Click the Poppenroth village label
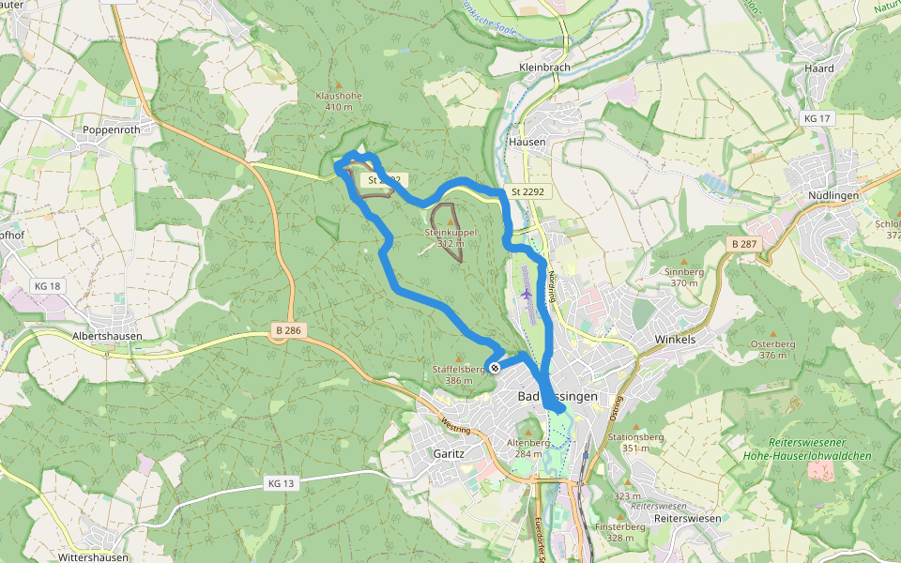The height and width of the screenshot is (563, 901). [111, 130]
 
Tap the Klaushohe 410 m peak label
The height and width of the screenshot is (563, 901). [339, 100]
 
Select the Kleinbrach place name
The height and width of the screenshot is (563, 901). [545, 68]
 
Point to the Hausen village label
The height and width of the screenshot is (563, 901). [527, 142]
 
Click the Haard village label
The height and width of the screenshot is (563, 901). [818, 68]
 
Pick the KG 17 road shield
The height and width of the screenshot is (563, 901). [817, 119]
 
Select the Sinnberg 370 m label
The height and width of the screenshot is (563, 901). [683, 276]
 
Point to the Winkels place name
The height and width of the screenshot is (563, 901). [675, 340]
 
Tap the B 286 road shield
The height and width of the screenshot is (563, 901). [288, 330]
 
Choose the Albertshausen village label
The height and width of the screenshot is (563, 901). [107, 336]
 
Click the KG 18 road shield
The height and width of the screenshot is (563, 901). [46, 286]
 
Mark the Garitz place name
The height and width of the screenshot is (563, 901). [449, 452]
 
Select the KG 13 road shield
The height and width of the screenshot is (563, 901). [281, 484]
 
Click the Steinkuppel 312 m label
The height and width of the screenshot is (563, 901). [451, 237]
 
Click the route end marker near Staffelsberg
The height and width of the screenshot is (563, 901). [494, 367]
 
